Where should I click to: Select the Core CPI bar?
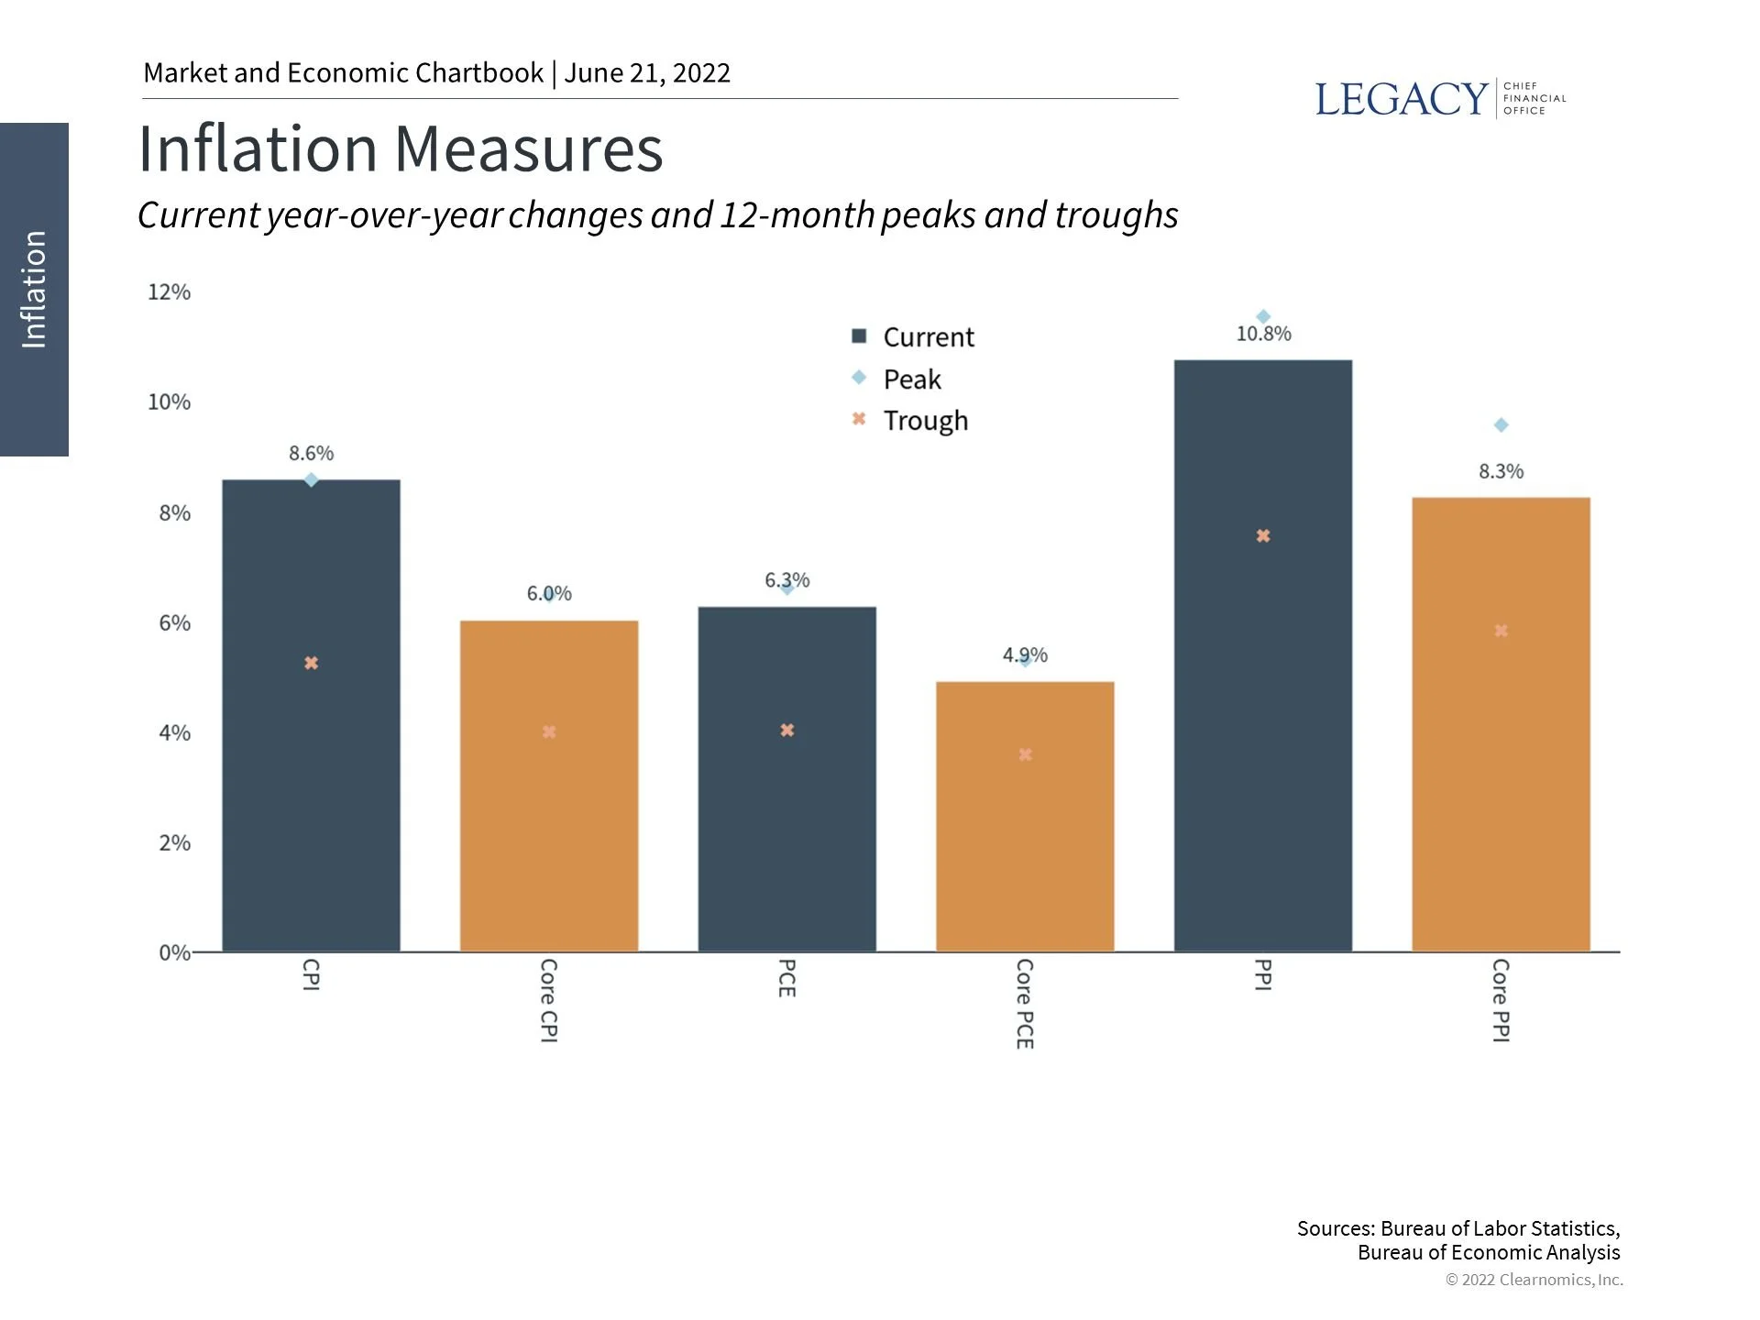pos(548,825)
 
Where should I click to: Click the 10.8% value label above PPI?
pos(1263,335)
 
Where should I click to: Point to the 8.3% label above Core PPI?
pos(1501,472)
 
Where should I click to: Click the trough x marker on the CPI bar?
pos(311,663)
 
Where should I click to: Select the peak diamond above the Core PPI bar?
pos(1501,425)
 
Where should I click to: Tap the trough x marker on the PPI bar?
pos(1263,536)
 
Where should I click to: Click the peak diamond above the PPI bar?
pos(1263,317)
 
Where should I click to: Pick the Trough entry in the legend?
pos(924,421)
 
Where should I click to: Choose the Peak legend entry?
pos(911,379)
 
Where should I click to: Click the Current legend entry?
pos(928,337)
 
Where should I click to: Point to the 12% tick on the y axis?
pos(170,292)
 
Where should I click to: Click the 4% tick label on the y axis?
pos(174,733)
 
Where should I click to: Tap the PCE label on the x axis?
pos(786,978)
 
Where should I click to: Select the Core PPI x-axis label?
pos(1501,1000)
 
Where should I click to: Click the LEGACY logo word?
pos(1401,99)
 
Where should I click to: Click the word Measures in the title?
pos(529,149)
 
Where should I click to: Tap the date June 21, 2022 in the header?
pos(647,73)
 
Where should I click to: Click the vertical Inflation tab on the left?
pos(34,289)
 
